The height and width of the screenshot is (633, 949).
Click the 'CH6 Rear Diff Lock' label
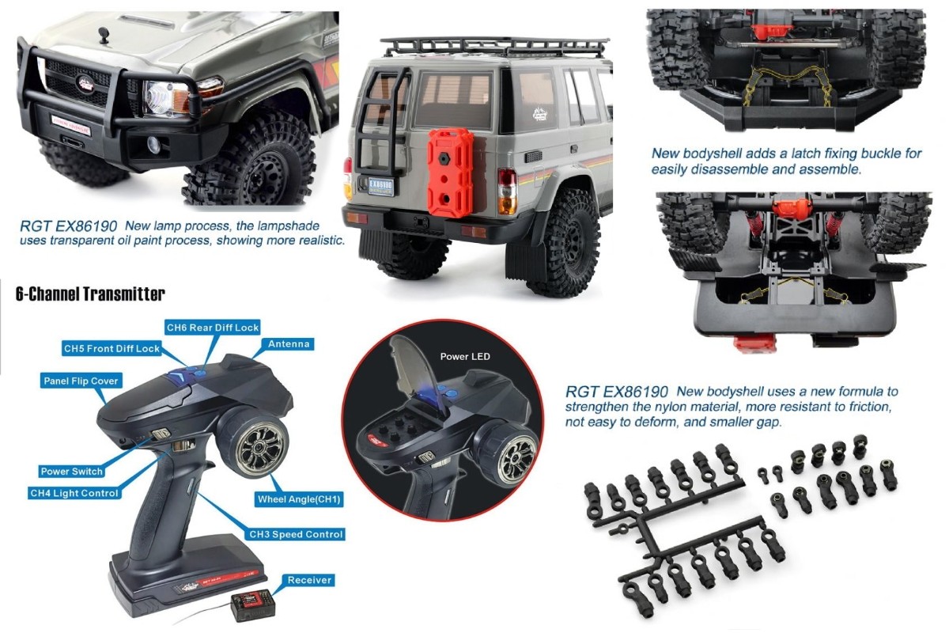tap(212, 328)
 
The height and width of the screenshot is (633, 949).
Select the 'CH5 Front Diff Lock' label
tap(112, 348)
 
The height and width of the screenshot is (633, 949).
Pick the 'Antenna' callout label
tap(289, 344)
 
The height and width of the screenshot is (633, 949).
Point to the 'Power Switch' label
tap(71, 472)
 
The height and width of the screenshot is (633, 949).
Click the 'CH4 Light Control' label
tap(74, 493)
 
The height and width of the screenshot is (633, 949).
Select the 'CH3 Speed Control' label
tap(297, 535)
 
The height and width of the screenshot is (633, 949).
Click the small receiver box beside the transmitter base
tap(250, 608)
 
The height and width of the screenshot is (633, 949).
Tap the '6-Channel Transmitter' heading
tap(90, 294)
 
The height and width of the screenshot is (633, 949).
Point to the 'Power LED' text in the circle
tap(465, 357)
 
